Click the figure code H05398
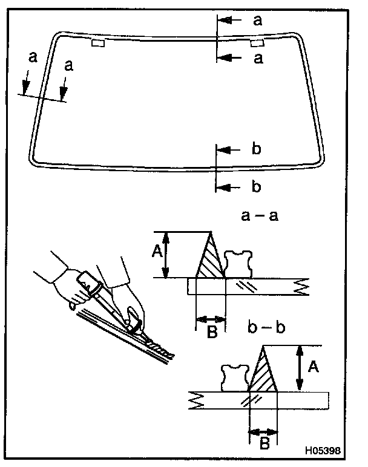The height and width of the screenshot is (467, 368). (324, 451)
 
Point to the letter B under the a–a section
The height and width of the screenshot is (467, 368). (211, 332)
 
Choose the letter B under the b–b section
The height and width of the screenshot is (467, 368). (263, 445)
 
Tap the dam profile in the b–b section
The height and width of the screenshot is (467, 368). (236, 377)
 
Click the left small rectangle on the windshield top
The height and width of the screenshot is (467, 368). (97, 43)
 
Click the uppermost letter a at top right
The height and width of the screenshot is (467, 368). (257, 21)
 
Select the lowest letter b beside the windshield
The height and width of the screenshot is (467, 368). (256, 187)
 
